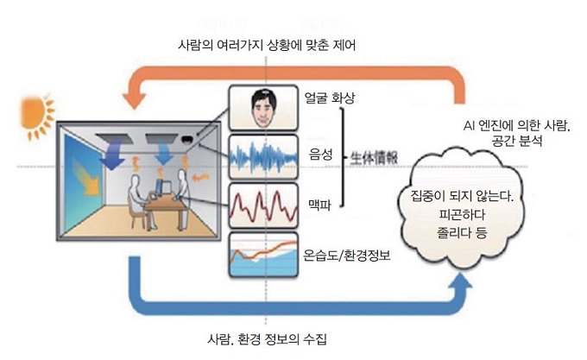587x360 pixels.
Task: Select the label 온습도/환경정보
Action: (x=348, y=256)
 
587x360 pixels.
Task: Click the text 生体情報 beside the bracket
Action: (x=374, y=159)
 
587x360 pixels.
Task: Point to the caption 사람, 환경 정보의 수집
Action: (x=268, y=338)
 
